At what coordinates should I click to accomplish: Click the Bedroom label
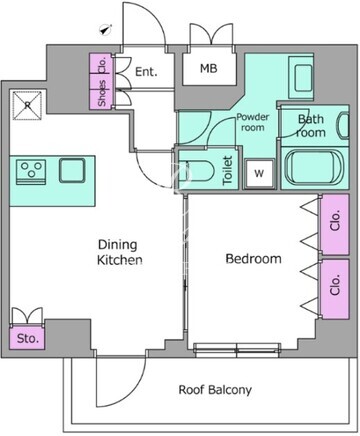coord(253,259)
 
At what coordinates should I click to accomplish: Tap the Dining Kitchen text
coord(119,252)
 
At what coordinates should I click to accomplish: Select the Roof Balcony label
coord(215,390)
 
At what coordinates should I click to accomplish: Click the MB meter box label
coord(209,68)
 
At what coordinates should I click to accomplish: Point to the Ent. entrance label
coord(146,72)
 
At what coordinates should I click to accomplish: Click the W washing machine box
coord(259,173)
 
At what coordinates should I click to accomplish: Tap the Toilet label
coord(227,170)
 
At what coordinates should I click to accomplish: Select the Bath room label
coord(311,126)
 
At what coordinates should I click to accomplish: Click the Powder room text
coord(253,122)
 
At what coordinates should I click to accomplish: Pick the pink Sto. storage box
coord(27,338)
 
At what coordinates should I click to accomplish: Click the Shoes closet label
coord(102,94)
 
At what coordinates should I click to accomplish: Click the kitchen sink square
coord(72,171)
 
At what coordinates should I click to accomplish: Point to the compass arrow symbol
coord(105,30)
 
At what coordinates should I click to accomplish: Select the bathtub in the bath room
coord(315,168)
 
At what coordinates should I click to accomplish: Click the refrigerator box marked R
coord(27,105)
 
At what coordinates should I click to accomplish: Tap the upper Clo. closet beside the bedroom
coord(335,225)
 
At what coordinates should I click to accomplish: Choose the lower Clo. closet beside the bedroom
coord(335,289)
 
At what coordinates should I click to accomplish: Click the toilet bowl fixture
coord(196,172)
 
